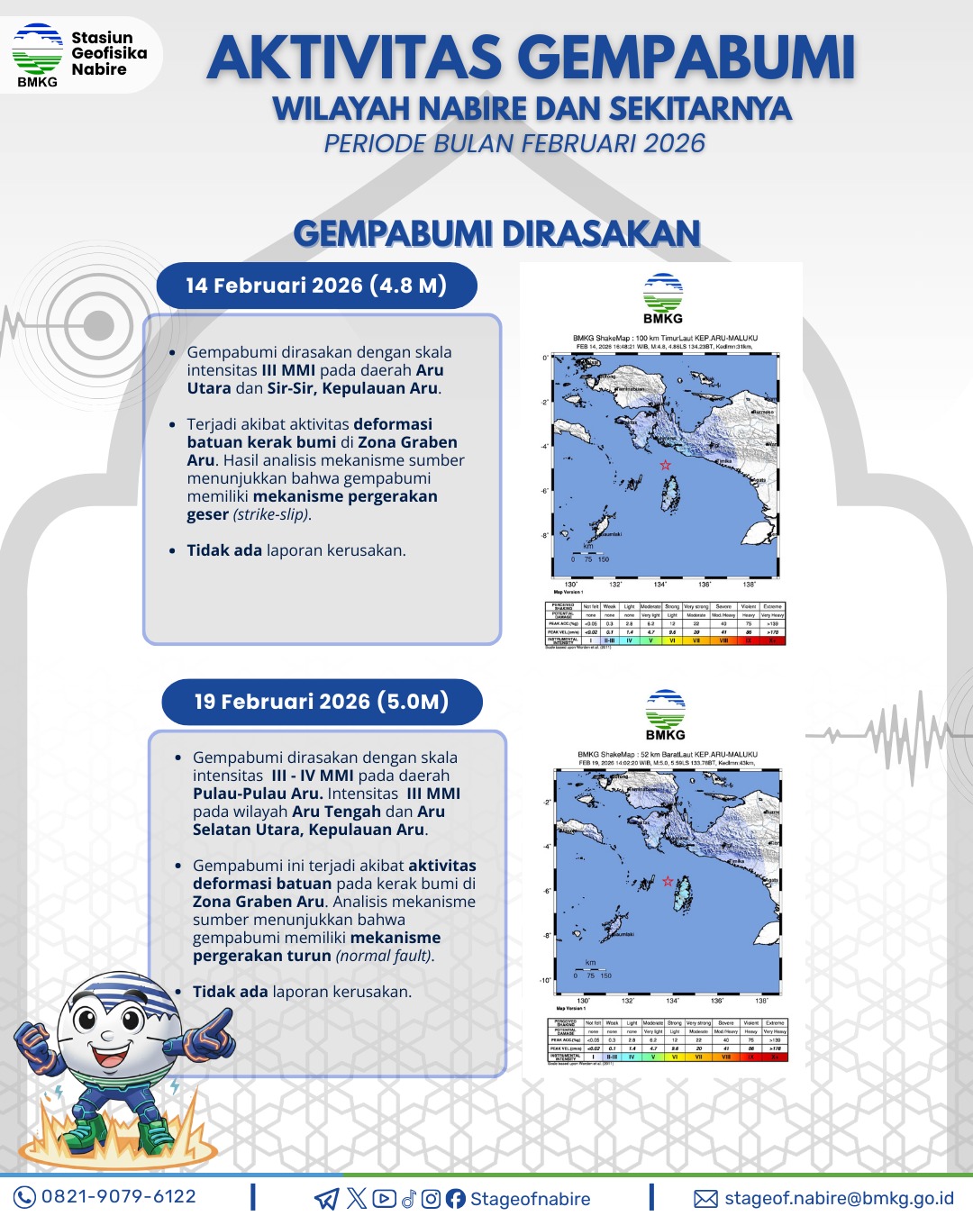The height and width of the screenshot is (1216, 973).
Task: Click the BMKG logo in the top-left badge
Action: point(37,54)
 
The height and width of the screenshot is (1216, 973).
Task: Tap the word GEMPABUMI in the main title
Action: point(689,57)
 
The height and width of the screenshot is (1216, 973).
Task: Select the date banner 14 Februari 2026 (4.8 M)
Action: point(316,286)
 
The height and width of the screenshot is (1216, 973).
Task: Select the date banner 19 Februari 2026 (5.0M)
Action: point(322,702)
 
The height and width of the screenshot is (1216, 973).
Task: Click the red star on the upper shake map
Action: point(665,465)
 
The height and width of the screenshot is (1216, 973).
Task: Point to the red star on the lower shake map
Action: point(668,881)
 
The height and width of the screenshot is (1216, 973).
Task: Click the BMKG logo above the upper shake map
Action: point(663,298)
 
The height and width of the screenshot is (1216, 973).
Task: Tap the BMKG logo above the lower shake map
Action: point(666,714)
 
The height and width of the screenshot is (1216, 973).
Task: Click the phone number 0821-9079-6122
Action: point(119,1197)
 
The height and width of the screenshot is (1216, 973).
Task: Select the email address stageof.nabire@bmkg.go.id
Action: point(839,1198)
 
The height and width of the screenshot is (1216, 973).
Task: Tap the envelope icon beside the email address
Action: point(705,1198)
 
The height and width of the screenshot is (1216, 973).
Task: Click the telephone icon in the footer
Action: point(24,1197)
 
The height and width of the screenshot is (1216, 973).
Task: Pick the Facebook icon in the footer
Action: point(455,1199)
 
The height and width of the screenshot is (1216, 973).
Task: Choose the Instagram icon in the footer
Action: point(431,1199)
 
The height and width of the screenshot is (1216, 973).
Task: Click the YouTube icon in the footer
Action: point(384,1199)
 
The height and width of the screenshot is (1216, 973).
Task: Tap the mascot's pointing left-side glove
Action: point(212,1034)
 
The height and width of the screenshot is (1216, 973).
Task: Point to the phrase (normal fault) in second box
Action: point(385,956)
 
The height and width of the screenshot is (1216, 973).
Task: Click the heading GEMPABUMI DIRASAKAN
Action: point(497,233)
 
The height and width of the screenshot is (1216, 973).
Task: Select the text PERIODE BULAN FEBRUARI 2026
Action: point(514,143)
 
